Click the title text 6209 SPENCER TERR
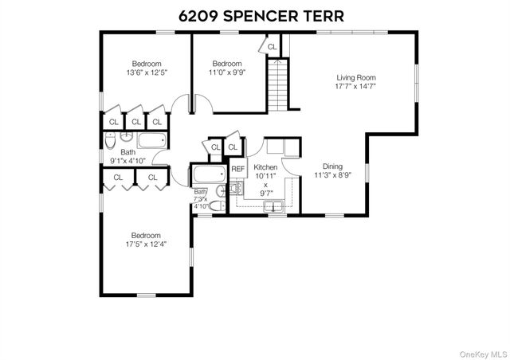tap(255, 16)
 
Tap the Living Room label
tap(355, 77)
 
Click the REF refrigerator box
tap(237, 169)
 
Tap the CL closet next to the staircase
tap(273, 47)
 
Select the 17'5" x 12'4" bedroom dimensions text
tap(146, 246)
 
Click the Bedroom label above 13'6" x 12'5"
tap(147, 64)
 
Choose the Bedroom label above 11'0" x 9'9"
tap(227, 64)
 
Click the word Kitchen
tap(265, 168)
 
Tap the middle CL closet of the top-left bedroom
tap(135, 122)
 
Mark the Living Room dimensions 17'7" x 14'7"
tap(355, 88)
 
